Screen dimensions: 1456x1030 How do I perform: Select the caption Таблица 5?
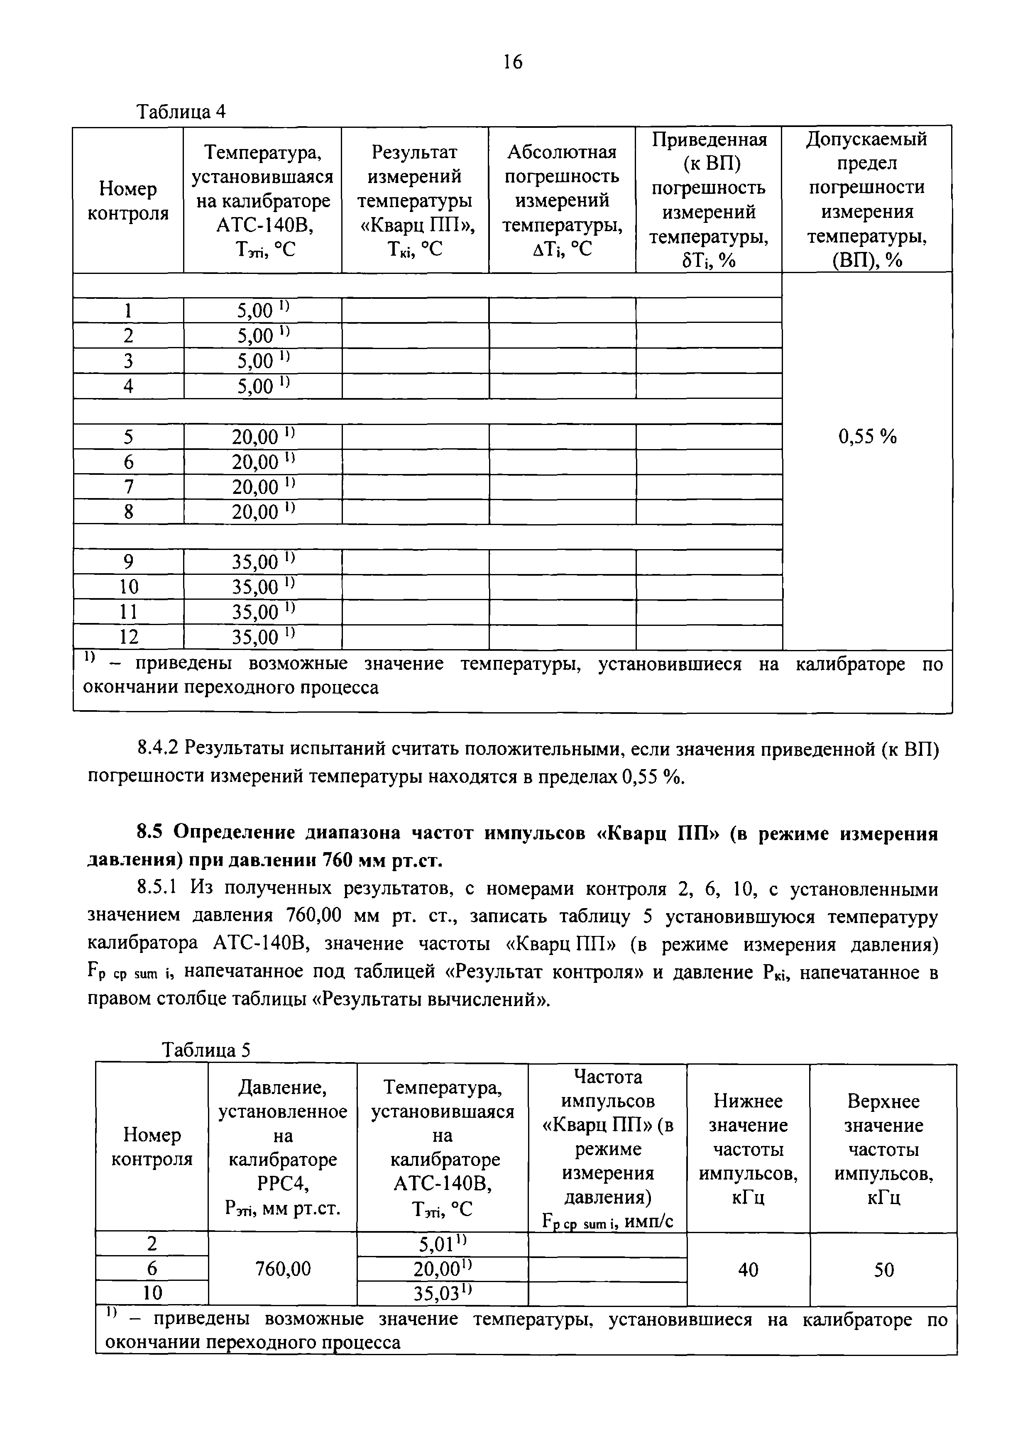[x=206, y=1051]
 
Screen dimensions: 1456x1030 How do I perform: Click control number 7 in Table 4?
[x=129, y=487]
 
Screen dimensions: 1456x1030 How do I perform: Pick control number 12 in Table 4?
[x=129, y=637]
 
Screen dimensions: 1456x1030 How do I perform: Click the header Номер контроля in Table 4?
[x=128, y=201]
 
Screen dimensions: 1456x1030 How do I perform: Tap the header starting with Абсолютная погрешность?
[x=562, y=200]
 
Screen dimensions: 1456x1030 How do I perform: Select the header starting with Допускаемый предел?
[x=867, y=200]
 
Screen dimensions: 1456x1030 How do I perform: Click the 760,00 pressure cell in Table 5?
[x=283, y=1269]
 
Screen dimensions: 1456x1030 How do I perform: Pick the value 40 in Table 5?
[x=749, y=1270]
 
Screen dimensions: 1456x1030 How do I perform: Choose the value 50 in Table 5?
[x=883, y=1270]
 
